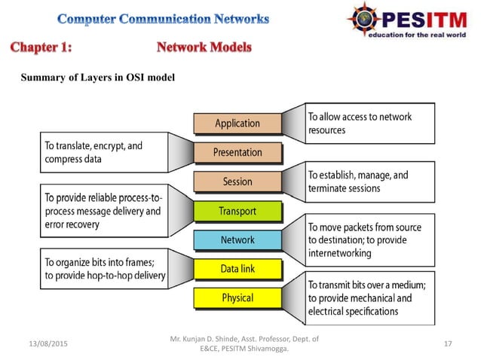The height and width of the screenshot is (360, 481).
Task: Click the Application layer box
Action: point(237,124)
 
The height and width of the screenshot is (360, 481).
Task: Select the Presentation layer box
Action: point(237,152)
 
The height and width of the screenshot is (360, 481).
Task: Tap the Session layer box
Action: point(237,182)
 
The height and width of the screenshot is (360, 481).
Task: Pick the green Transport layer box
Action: point(237,211)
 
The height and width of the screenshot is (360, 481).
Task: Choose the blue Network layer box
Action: point(237,240)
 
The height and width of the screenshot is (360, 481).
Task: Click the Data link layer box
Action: point(237,269)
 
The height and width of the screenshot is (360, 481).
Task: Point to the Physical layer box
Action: point(237,298)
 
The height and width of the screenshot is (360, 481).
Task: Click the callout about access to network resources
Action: point(369,124)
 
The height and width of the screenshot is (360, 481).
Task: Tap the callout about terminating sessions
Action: point(369,182)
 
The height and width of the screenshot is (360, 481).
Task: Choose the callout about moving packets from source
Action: point(369,239)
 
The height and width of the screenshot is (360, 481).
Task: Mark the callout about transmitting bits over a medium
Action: point(369,298)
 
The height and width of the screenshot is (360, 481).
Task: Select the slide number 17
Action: point(448,344)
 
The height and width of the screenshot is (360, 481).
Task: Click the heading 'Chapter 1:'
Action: point(41,48)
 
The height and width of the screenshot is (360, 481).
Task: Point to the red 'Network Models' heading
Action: point(204,48)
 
